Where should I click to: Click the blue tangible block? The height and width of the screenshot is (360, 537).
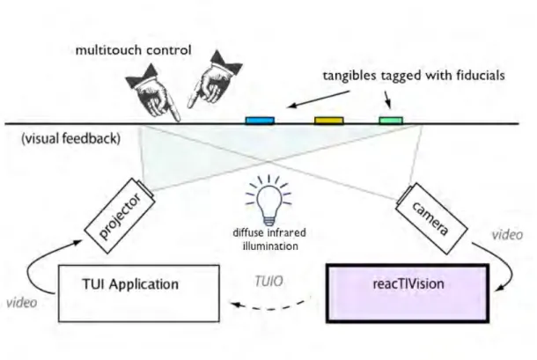(x=260, y=121)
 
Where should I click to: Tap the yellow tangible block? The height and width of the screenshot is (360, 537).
(x=328, y=121)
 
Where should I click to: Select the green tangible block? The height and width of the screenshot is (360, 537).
(x=391, y=120)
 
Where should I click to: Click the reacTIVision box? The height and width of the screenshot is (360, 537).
(x=408, y=293)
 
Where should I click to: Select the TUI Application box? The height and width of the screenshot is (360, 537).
(x=139, y=293)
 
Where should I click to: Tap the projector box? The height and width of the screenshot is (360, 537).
(x=120, y=216)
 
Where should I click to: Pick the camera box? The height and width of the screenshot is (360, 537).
(x=431, y=218)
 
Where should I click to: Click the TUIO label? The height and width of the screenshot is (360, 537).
(x=268, y=281)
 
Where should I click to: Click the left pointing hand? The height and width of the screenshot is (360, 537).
(x=153, y=92)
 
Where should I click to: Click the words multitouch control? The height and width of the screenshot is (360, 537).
(x=133, y=50)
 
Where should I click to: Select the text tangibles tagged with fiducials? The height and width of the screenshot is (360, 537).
(x=414, y=76)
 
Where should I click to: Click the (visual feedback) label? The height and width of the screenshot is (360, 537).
(x=71, y=138)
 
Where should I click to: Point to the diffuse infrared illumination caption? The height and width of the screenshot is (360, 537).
(x=269, y=239)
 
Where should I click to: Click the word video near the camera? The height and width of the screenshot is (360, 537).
(x=507, y=235)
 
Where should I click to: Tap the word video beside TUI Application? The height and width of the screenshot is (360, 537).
(x=22, y=303)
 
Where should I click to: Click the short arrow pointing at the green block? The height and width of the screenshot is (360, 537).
(x=387, y=99)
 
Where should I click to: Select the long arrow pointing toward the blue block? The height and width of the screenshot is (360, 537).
(x=318, y=99)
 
